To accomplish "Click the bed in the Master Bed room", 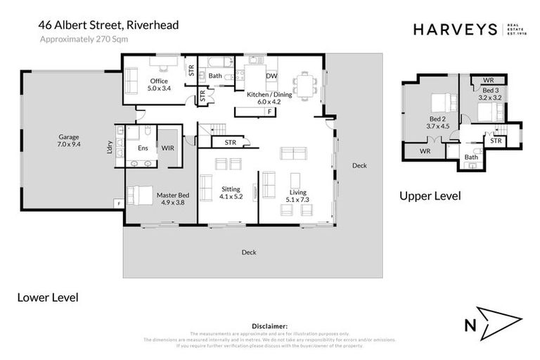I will [141, 194].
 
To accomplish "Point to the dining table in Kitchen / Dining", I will [305, 85].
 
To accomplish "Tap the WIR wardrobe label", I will [168, 148].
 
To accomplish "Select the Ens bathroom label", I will [143, 148].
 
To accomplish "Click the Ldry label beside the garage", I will [110, 148].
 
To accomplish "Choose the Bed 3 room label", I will [491, 94].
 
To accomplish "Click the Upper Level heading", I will [430, 196].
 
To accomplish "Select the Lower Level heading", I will [47, 297].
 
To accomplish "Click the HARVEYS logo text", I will [454, 29].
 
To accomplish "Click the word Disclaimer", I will [270, 326].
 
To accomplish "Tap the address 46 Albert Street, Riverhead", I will [109, 25].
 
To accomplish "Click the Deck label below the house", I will [249, 252].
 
